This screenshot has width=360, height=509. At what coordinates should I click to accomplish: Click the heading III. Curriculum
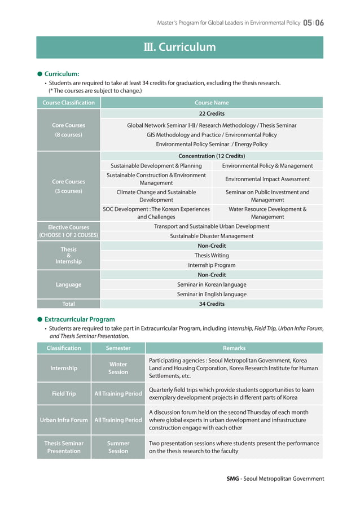(x=179, y=47)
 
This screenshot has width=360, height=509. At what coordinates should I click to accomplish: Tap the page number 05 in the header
(x=308, y=23)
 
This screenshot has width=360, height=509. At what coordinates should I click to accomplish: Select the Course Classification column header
(x=68, y=103)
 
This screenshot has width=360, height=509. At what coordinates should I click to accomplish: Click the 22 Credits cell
(x=212, y=113)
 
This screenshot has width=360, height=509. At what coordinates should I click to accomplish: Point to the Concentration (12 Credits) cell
(x=212, y=156)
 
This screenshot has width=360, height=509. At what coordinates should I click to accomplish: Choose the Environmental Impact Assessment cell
(x=267, y=179)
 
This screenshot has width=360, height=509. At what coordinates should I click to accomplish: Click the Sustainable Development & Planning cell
(x=156, y=166)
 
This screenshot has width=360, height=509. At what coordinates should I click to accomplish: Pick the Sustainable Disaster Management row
(x=212, y=236)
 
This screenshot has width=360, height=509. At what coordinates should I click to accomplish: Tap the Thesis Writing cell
(x=212, y=256)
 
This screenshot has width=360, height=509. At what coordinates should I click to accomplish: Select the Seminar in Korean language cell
(x=212, y=284)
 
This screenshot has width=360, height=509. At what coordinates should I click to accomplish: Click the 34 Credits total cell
(x=212, y=304)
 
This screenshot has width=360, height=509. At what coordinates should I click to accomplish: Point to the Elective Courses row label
(x=68, y=231)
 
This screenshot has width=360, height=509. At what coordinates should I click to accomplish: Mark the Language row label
(x=68, y=284)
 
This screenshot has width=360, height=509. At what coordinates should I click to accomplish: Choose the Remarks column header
(x=234, y=348)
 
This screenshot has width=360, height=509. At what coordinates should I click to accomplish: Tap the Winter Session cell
(x=118, y=368)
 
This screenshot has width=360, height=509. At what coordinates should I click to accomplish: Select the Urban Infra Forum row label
(x=64, y=420)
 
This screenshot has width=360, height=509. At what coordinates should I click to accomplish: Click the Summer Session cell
(x=118, y=447)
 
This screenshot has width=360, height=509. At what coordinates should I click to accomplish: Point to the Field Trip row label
(x=64, y=393)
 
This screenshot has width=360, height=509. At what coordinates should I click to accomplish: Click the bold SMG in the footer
(x=232, y=479)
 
